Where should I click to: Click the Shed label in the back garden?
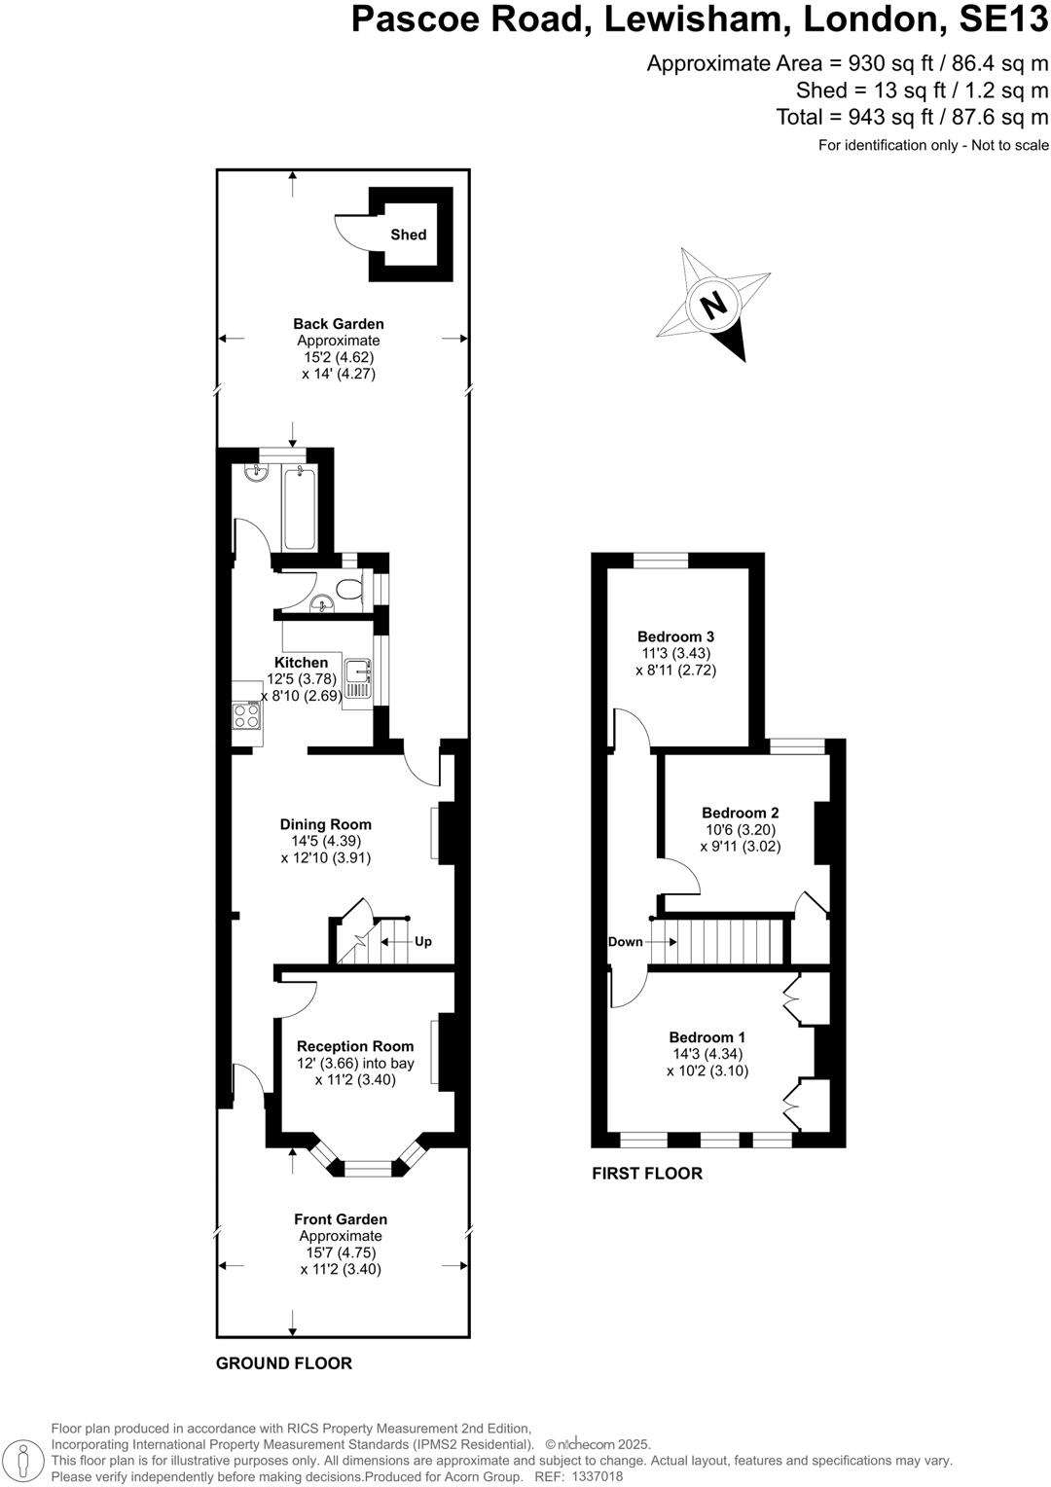point(408,235)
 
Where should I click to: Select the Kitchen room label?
point(301,663)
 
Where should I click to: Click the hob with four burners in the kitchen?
point(246,715)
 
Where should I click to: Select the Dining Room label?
point(325,824)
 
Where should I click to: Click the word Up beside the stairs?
point(423,942)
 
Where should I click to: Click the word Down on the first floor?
point(625,942)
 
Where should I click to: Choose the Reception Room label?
point(355,1047)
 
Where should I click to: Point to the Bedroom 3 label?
point(676,637)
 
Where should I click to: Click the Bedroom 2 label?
point(740,813)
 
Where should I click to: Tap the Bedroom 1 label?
point(707,1037)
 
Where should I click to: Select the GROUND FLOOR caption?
point(283,1363)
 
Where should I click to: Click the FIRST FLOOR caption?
point(646,1174)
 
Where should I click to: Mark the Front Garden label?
point(341,1219)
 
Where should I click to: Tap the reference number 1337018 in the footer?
point(595,1476)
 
